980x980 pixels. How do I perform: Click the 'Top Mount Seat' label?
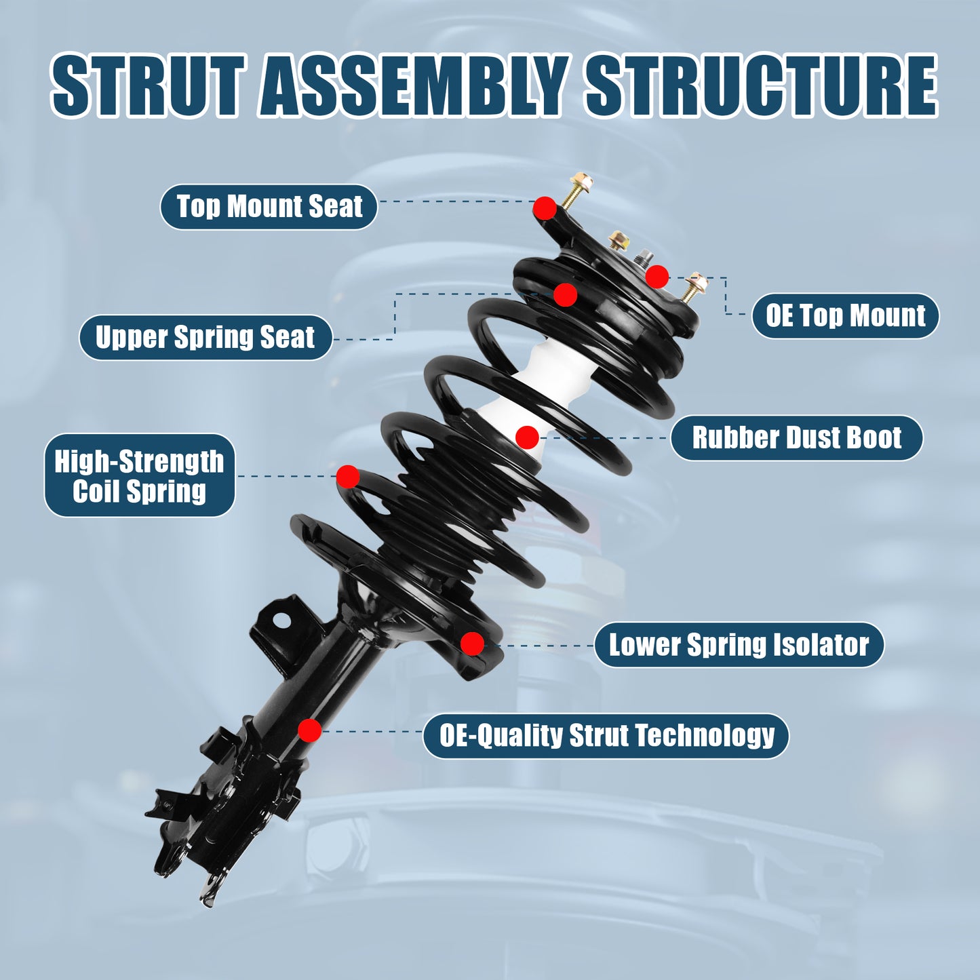[269, 206]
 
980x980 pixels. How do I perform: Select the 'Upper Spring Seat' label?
[205, 337]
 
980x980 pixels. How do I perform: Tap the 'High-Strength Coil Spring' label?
[139, 475]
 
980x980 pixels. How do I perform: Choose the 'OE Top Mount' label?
[845, 315]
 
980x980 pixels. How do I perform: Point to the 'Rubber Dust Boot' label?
[796, 437]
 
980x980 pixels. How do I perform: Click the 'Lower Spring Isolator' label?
[739, 644]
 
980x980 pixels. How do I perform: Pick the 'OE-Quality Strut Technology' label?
[606, 735]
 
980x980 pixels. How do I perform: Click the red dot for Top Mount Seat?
[545, 208]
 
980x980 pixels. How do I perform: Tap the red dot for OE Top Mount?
[656, 277]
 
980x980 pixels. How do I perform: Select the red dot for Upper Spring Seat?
[565, 295]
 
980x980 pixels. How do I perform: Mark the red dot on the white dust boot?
[527, 437]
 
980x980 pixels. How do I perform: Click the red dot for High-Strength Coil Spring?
[348, 477]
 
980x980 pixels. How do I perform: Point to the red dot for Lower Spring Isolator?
[472, 644]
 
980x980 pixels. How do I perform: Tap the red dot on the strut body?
[310, 730]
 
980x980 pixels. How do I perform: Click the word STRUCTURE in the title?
[761, 86]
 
